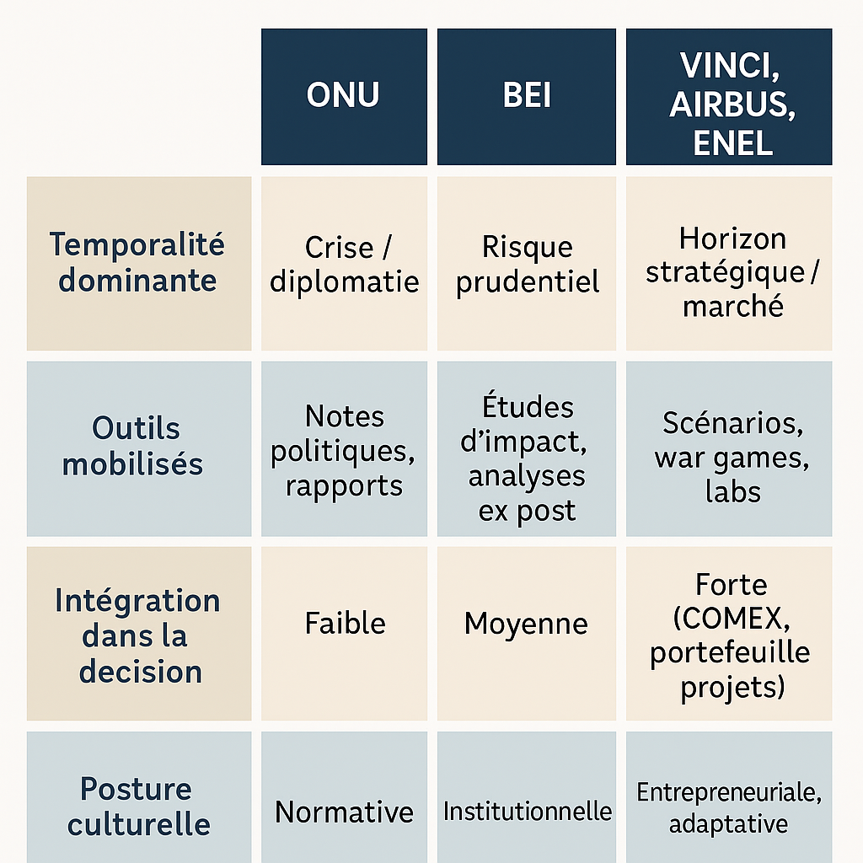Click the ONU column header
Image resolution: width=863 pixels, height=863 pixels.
pyautogui.click(x=344, y=96)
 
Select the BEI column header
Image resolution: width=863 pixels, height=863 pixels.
pyautogui.click(x=526, y=96)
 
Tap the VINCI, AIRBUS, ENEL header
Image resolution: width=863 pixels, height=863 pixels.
pyautogui.click(x=729, y=96)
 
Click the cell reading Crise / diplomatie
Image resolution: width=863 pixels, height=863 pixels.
pyautogui.click(x=344, y=263)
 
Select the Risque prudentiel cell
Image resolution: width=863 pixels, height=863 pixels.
pyautogui.click(x=526, y=263)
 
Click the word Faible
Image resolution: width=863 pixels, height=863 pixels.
pyautogui.click(x=345, y=623)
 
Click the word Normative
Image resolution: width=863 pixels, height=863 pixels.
pyautogui.click(x=344, y=812)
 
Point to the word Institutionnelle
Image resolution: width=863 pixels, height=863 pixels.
pyautogui.click(x=528, y=812)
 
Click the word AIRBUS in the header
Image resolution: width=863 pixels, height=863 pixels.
pyautogui.click(x=732, y=105)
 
